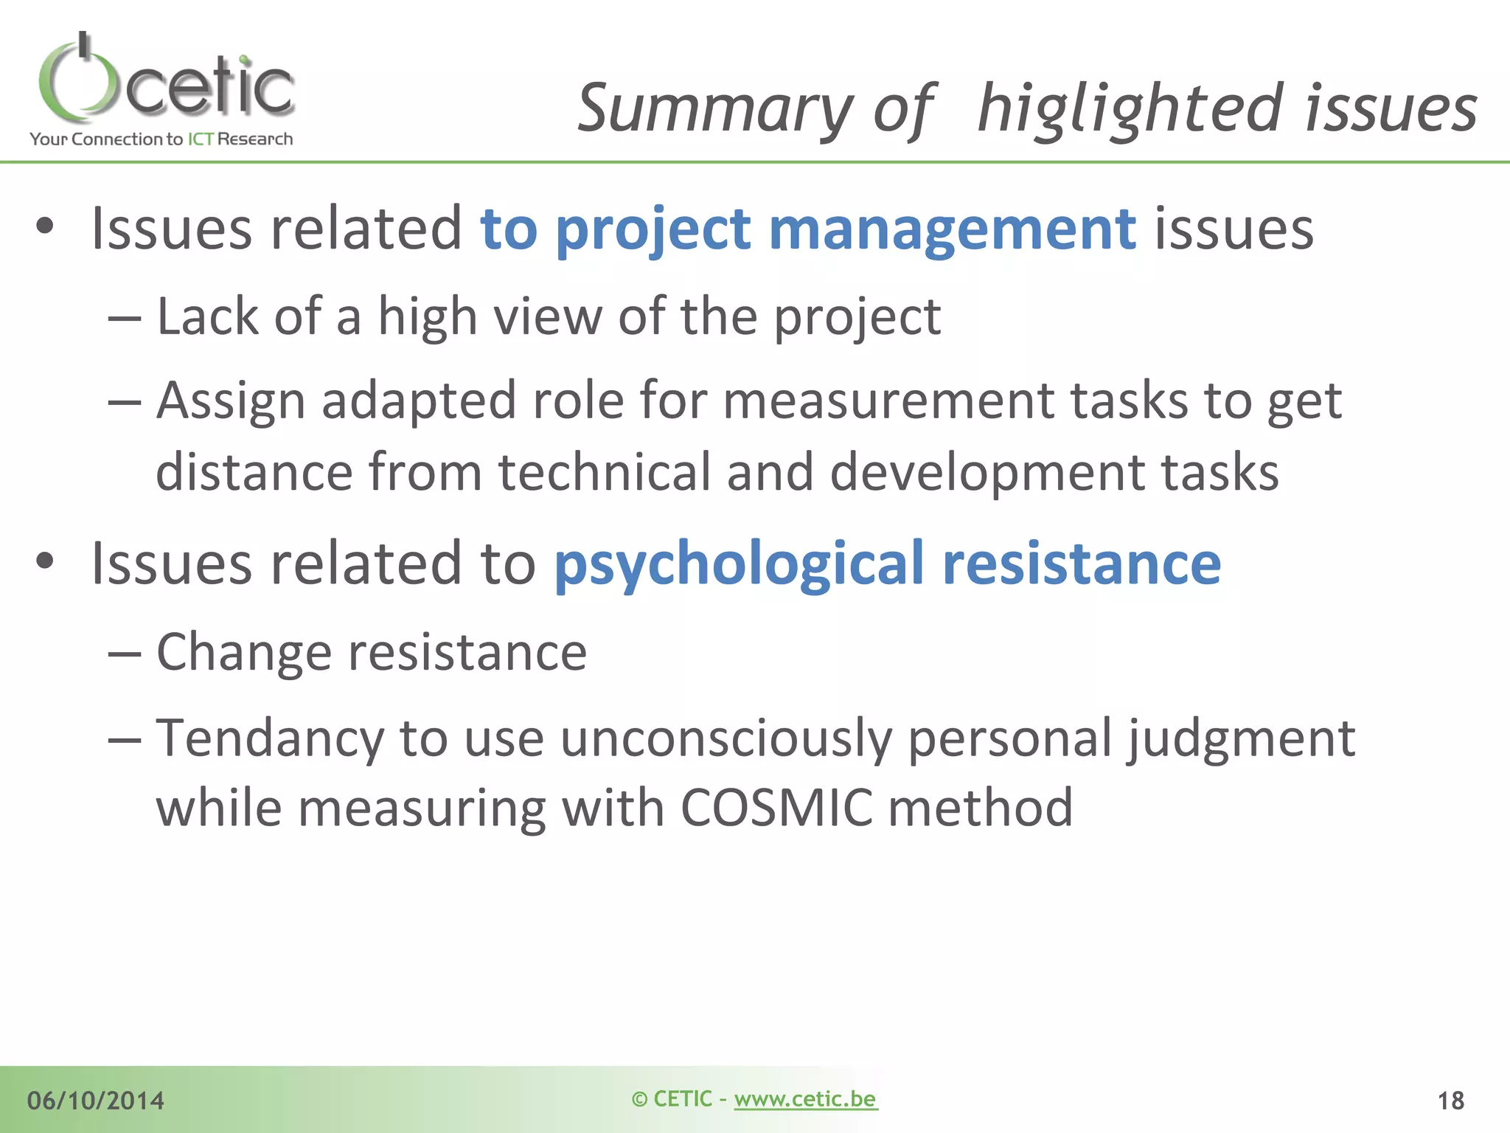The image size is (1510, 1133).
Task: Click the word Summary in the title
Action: click(x=714, y=109)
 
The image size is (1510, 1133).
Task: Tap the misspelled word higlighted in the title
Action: click(x=1131, y=109)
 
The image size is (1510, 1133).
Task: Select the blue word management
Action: click(x=952, y=229)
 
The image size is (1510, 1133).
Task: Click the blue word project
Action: click(x=653, y=229)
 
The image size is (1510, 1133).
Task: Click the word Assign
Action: click(x=231, y=401)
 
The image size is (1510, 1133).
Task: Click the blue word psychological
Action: click(x=739, y=565)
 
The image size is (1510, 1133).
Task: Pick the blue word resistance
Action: click(x=1082, y=565)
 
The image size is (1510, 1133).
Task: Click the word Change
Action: click(x=244, y=653)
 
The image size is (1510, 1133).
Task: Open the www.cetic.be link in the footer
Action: click(x=805, y=1099)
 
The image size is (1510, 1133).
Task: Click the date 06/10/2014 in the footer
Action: click(x=96, y=1101)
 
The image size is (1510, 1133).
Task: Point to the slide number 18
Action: click(x=1450, y=1101)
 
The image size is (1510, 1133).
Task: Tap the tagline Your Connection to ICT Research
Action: click(x=161, y=139)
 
